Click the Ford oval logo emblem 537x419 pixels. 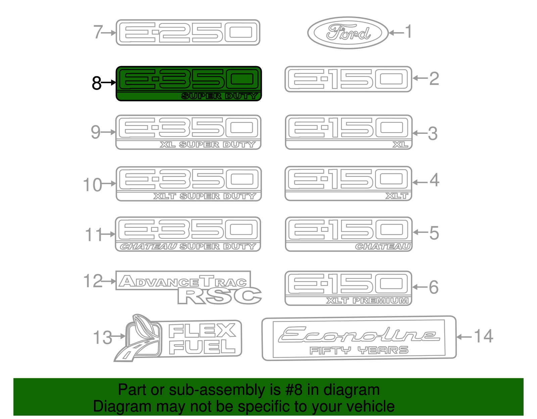click(x=348, y=33)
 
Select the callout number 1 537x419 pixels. click(x=408, y=32)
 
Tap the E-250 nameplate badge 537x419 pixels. click(x=188, y=33)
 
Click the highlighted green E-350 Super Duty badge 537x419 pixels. click(x=189, y=84)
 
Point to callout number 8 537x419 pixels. click(x=97, y=83)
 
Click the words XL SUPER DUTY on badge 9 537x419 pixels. click(x=208, y=145)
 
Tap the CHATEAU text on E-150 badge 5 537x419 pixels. click(x=383, y=247)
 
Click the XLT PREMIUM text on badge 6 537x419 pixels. click(x=368, y=301)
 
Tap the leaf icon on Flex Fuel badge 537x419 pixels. click(x=142, y=327)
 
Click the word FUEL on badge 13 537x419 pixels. click(x=202, y=347)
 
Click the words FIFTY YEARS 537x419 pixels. click(x=359, y=351)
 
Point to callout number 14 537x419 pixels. click(x=483, y=336)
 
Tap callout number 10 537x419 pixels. click(x=93, y=185)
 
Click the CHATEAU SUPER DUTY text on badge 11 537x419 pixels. click(x=188, y=247)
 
